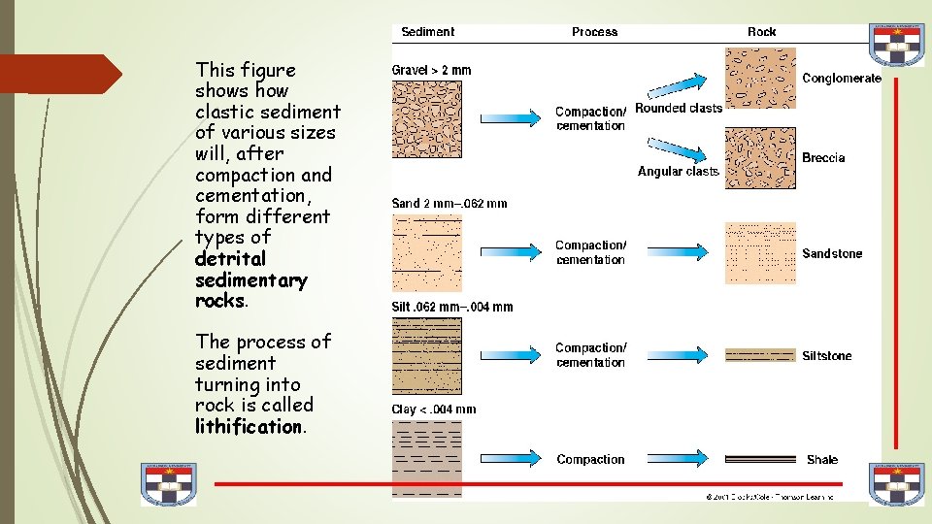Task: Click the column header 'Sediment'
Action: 427,32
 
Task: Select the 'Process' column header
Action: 594,32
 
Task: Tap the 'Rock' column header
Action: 761,32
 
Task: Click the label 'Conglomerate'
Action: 842,79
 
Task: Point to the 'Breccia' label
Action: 823,158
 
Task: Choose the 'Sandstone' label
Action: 832,254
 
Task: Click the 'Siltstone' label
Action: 827,356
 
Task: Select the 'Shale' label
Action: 822,460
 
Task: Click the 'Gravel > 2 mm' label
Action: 431,70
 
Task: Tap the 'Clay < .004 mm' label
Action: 434,409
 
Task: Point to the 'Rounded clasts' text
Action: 679,109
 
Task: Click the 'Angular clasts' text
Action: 679,172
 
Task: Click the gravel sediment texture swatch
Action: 427,119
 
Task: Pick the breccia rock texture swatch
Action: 760,158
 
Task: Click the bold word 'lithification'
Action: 250,427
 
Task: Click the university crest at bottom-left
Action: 169,483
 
